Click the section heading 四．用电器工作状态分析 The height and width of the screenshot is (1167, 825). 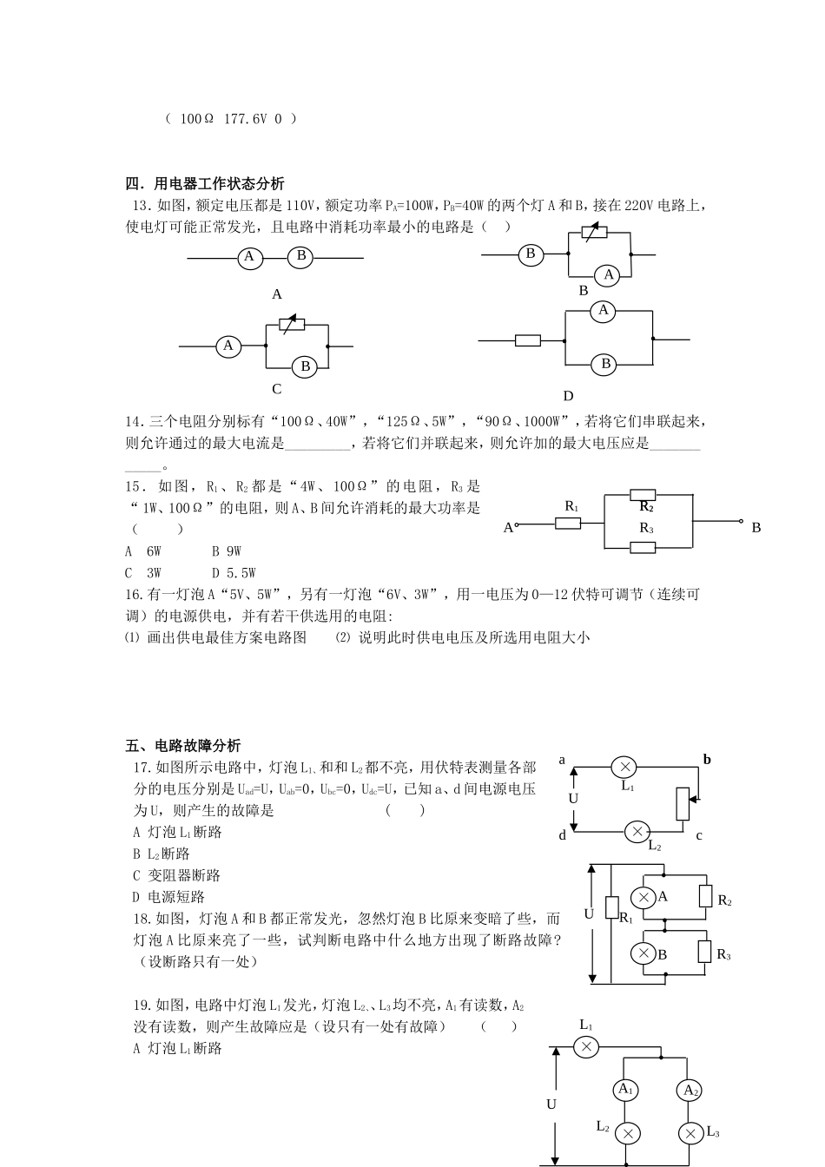(205, 184)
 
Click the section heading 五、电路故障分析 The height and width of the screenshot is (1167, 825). (183, 746)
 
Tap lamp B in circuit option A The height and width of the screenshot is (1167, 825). (301, 256)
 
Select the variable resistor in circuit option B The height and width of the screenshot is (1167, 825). (594, 234)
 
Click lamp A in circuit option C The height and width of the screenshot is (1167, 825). (228, 346)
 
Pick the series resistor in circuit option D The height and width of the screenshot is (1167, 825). (528, 340)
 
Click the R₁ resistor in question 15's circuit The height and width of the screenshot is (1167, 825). (568, 523)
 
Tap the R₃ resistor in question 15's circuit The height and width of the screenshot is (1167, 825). (643, 547)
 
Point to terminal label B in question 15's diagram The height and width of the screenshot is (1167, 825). (756, 528)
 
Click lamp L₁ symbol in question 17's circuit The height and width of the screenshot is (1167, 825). (624, 767)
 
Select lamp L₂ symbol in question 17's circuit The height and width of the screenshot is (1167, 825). (637, 832)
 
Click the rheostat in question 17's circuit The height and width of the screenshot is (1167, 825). (683, 804)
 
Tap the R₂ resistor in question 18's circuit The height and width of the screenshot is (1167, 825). (705, 896)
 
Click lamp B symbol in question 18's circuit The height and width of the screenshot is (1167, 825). (643, 953)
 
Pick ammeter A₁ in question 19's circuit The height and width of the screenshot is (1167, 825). (625, 1090)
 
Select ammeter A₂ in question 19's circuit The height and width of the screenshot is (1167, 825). (690, 1090)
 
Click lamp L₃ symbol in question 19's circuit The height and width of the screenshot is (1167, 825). (690, 1133)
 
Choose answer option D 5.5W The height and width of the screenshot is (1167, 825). (234, 573)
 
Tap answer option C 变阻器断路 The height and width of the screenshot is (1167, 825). (177, 875)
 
